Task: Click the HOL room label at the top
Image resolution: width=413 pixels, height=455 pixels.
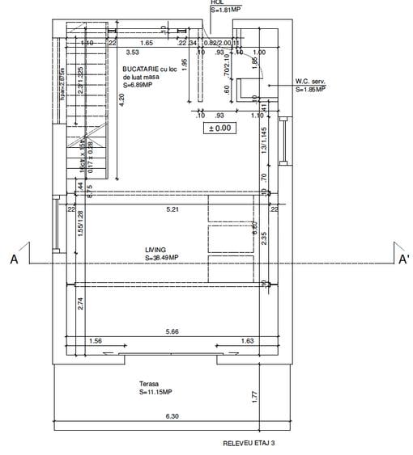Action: click(x=216, y=3)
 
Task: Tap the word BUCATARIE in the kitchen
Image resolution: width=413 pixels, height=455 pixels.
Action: click(x=141, y=70)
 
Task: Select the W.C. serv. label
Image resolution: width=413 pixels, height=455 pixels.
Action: click(x=311, y=81)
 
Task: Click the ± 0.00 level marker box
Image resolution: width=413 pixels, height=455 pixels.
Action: click(x=219, y=128)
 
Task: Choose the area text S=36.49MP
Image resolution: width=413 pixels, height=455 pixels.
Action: click(x=162, y=258)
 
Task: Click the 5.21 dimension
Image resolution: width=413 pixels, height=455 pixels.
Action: click(x=171, y=209)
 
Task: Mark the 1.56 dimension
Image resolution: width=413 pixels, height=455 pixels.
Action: click(x=96, y=341)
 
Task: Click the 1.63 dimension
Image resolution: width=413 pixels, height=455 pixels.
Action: click(x=248, y=341)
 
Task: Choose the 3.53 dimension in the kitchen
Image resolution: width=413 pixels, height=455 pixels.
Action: click(x=132, y=52)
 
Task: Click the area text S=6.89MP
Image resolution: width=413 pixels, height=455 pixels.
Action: click(x=138, y=85)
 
